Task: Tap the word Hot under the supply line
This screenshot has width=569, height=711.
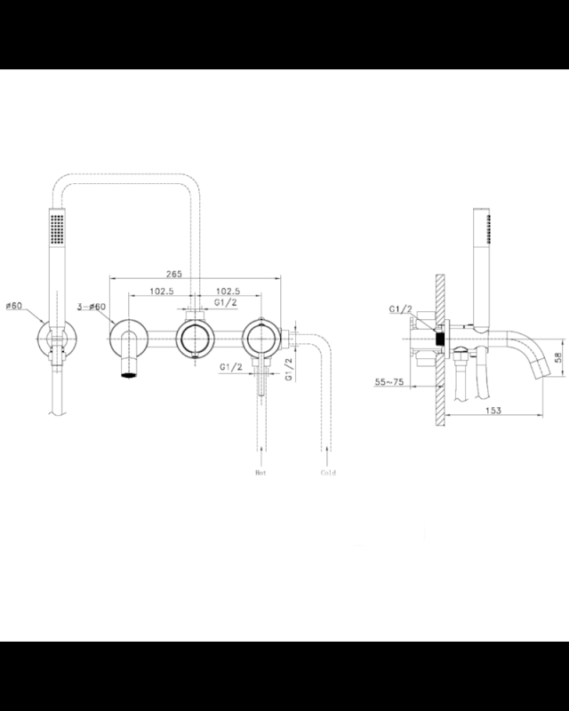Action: (x=260, y=473)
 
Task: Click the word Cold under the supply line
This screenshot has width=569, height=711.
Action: (x=328, y=473)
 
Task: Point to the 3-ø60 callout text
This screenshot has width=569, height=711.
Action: (x=92, y=307)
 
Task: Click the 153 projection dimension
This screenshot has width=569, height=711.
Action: (x=494, y=410)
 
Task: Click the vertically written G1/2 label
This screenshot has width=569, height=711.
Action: (x=288, y=366)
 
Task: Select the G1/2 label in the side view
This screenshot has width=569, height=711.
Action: (x=400, y=309)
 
